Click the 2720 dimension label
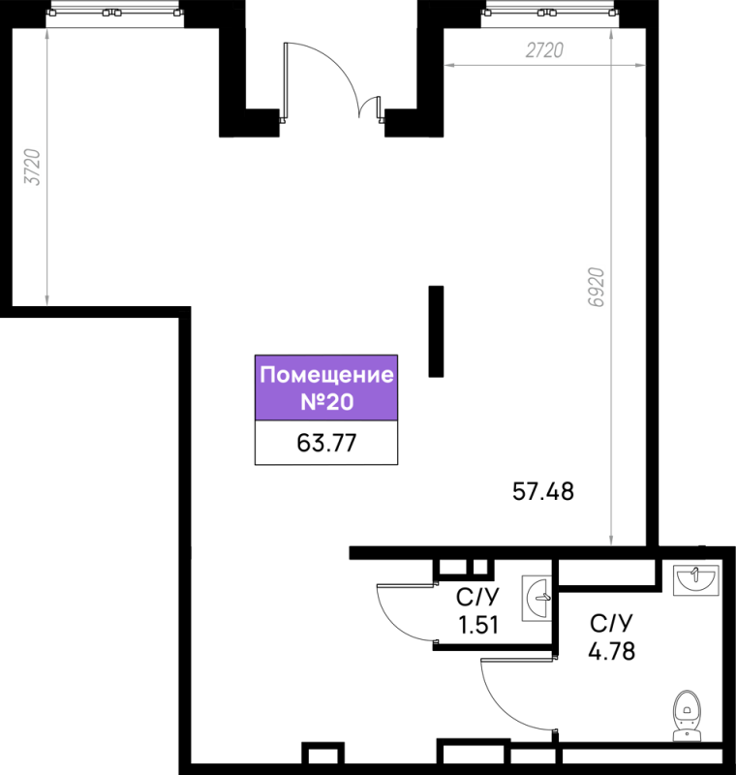coord(544,50)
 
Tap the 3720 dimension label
coord(33,167)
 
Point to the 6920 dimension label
coord(597,287)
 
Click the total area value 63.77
coord(326,443)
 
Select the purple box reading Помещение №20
coord(326,388)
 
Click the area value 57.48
coord(543,492)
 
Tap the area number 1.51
coord(478,625)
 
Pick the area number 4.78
coord(611,651)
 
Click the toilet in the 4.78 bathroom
coord(687,715)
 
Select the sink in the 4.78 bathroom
coord(696,579)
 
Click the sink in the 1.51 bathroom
coord(537,598)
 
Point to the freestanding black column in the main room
coord(436,331)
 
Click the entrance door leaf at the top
coord(285,82)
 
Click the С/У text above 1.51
coord(478,598)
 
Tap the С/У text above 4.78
coord(611,624)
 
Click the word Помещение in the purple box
coord(326,375)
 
